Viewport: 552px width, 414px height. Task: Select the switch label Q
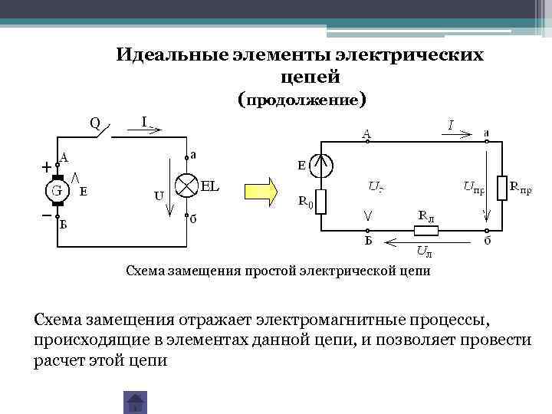pos(94,123)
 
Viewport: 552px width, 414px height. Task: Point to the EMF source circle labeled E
pos(321,164)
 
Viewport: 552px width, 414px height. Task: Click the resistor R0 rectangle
pos(321,202)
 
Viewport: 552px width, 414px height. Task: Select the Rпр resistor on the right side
pos(502,186)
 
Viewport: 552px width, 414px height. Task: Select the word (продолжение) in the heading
pos(301,100)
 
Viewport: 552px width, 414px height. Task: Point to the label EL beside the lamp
pos(212,185)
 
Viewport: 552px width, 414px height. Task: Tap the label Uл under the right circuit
pos(423,251)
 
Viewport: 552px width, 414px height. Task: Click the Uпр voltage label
pos(474,186)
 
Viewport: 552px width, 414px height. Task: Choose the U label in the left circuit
pos(159,195)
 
